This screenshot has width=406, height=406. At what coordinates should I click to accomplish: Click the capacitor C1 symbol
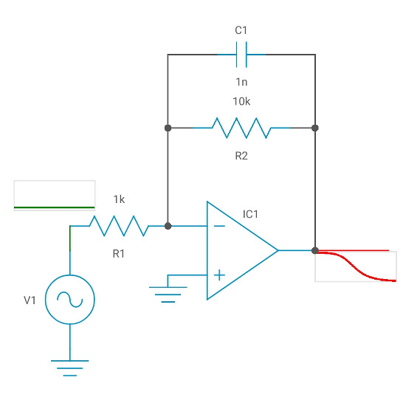[x=241, y=54]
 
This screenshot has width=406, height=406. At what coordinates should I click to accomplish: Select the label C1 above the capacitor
[x=241, y=30]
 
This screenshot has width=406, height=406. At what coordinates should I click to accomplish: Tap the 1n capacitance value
[x=241, y=80]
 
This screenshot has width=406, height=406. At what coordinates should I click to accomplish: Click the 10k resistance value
[x=241, y=102]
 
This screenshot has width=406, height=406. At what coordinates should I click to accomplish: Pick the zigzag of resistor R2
[x=241, y=128]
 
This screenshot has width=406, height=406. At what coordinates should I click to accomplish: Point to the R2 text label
[x=241, y=156]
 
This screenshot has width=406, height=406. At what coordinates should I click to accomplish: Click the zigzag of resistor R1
[x=119, y=226]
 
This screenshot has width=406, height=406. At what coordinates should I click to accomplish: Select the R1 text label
[x=119, y=253]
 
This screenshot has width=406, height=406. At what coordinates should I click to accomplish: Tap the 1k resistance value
[x=119, y=200]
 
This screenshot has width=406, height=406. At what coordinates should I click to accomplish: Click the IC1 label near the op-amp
[x=251, y=215]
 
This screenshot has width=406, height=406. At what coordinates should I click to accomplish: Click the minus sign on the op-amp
[x=219, y=226]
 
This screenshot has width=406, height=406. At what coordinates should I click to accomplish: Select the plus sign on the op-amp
[x=219, y=275]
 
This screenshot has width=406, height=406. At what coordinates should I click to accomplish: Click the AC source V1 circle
[x=70, y=300]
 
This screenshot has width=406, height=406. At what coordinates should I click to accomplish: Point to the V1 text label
[x=30, y=300]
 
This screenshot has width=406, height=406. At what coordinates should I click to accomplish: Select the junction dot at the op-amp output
[x=315, y=250]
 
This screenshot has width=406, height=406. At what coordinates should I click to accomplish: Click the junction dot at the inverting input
[x=168, y=226]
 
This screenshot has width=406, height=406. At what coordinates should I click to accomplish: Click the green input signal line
[x=55, y=207]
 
